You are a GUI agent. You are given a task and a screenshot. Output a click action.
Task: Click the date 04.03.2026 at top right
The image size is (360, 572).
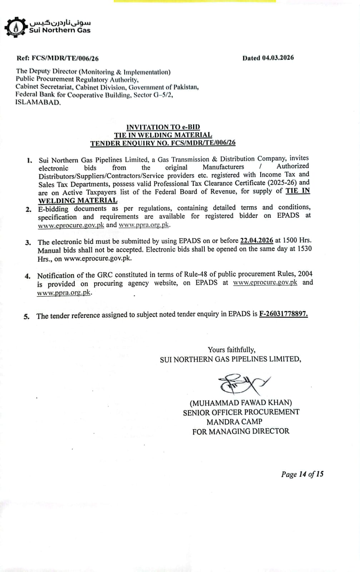[x=278, y=58]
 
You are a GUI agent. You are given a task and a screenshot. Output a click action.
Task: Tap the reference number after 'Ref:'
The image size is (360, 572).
[x=65, y=58]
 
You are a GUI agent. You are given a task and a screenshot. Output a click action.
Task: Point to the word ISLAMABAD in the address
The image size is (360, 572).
[x=38, y=103]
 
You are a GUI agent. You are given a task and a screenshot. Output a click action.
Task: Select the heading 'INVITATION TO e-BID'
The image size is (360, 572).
[x=163, y=127]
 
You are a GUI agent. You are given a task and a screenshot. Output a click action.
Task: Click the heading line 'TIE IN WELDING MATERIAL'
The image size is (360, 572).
[x=163, y=135]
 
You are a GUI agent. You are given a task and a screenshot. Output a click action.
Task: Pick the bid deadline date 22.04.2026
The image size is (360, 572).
[x=256, y=241]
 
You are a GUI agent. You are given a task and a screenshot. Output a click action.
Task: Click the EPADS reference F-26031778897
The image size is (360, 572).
[x=283, y=314]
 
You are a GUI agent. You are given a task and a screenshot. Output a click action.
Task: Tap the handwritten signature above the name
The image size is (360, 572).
[x=243, y=383]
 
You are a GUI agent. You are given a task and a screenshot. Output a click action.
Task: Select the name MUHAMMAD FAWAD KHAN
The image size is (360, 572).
[x=241, y=403]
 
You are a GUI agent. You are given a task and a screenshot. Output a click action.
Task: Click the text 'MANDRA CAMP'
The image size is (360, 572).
[x=234, y=422]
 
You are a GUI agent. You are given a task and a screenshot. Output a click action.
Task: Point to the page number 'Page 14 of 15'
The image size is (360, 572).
[x=302, y=474]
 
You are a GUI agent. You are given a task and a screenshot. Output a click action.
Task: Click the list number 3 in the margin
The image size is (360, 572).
[x=28, y=243]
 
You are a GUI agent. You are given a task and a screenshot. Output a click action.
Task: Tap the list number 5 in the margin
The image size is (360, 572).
[x=26, y=316]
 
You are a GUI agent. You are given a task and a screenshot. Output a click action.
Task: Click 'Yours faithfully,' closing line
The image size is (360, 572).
[x=232, y=350]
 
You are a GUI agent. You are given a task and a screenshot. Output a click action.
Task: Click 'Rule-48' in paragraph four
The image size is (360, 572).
[x=196, y=275]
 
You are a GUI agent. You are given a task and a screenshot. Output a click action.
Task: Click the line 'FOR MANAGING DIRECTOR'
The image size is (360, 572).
[x=241, y=432]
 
